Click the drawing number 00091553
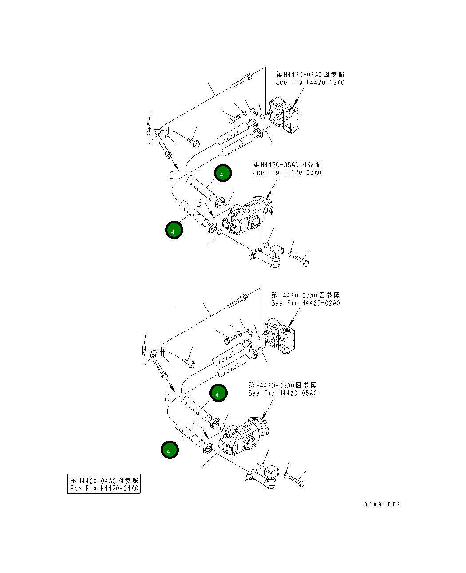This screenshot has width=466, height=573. coord(382,505)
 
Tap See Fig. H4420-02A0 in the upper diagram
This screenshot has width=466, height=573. coord(310,82)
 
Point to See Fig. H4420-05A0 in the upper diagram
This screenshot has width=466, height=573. coord(287,172)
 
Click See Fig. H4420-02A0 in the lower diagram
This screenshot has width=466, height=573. coord(306,303)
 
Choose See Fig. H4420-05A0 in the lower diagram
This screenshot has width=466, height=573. coord(283,393)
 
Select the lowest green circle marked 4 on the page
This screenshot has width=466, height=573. coord(170,450)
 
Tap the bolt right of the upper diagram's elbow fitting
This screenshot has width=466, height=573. coord(301,260)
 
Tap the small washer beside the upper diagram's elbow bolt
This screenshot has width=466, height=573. coord(290,254)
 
